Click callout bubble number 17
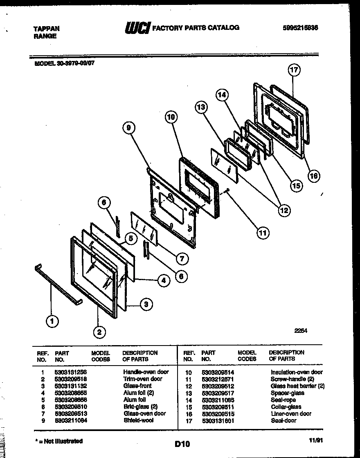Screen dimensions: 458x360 coord(294,70)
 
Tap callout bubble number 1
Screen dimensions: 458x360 coord(52,322)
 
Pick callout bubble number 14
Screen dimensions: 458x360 coord(221,95)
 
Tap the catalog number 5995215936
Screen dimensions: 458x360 coord(300,28)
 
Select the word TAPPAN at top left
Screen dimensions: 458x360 coord(46,29)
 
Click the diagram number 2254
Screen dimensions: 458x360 coord(301,332)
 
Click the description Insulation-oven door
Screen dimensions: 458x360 coord(297,372)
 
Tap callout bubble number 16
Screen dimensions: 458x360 coord(313,175)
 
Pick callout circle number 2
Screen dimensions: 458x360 coord(99,332)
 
